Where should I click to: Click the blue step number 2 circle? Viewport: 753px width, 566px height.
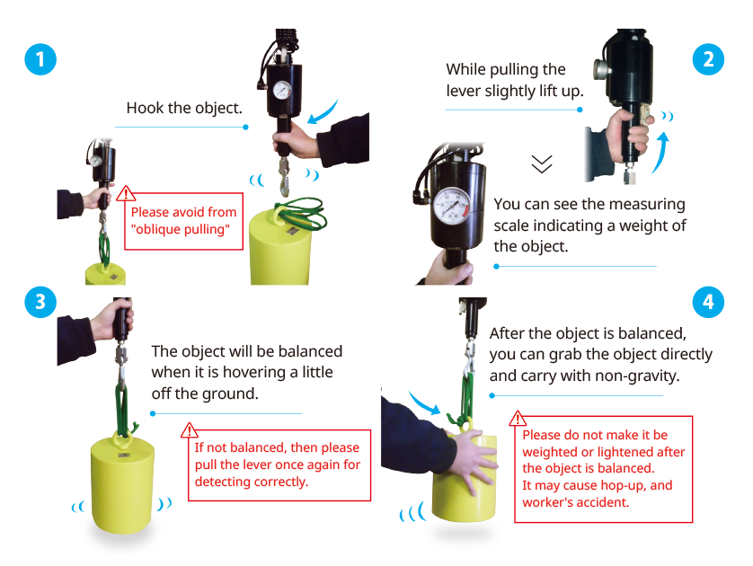click(709, 59)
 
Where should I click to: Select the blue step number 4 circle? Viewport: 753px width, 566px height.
click(709, 303)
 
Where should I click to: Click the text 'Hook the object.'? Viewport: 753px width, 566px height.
click(184, 109)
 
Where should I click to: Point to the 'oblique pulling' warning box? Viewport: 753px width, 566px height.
click(183, 221)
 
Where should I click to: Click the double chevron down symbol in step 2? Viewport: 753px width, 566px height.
click(541, 164)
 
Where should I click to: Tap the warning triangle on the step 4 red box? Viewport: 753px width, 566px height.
click(518, 418)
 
